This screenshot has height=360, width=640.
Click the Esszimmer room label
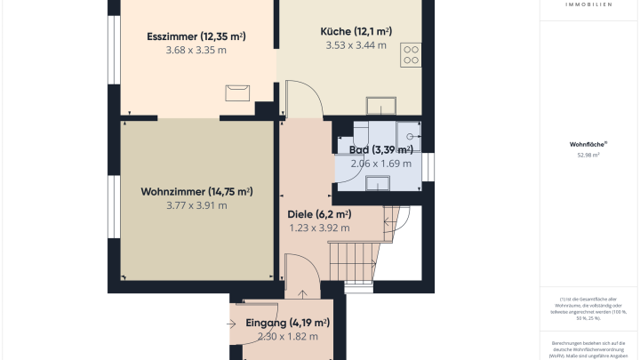tap(196, 36)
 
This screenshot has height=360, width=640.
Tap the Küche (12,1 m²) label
tap(356, 31)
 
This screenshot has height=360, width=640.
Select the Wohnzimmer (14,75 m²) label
tap(196, 191)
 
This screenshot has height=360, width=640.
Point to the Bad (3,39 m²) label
tap(380, 149)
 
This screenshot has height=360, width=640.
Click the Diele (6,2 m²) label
tap(319, 214)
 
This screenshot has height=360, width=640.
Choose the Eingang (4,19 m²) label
tap(287, 323)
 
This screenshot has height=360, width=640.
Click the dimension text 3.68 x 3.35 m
tap(196, 51)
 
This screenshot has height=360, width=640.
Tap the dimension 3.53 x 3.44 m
tap(356, 45)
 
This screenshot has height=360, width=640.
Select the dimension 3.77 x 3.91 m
tap(196, 205)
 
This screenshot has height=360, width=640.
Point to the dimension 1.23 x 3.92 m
tap(319, 228)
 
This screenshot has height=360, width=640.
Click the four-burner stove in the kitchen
tap(412, 55)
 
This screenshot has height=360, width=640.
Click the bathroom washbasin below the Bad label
tap(377, 182)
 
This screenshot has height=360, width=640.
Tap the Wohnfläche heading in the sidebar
tap(588, 143)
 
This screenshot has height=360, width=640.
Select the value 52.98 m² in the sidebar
tap(588, 156)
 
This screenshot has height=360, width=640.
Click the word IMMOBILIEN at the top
tap(588, 4)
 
